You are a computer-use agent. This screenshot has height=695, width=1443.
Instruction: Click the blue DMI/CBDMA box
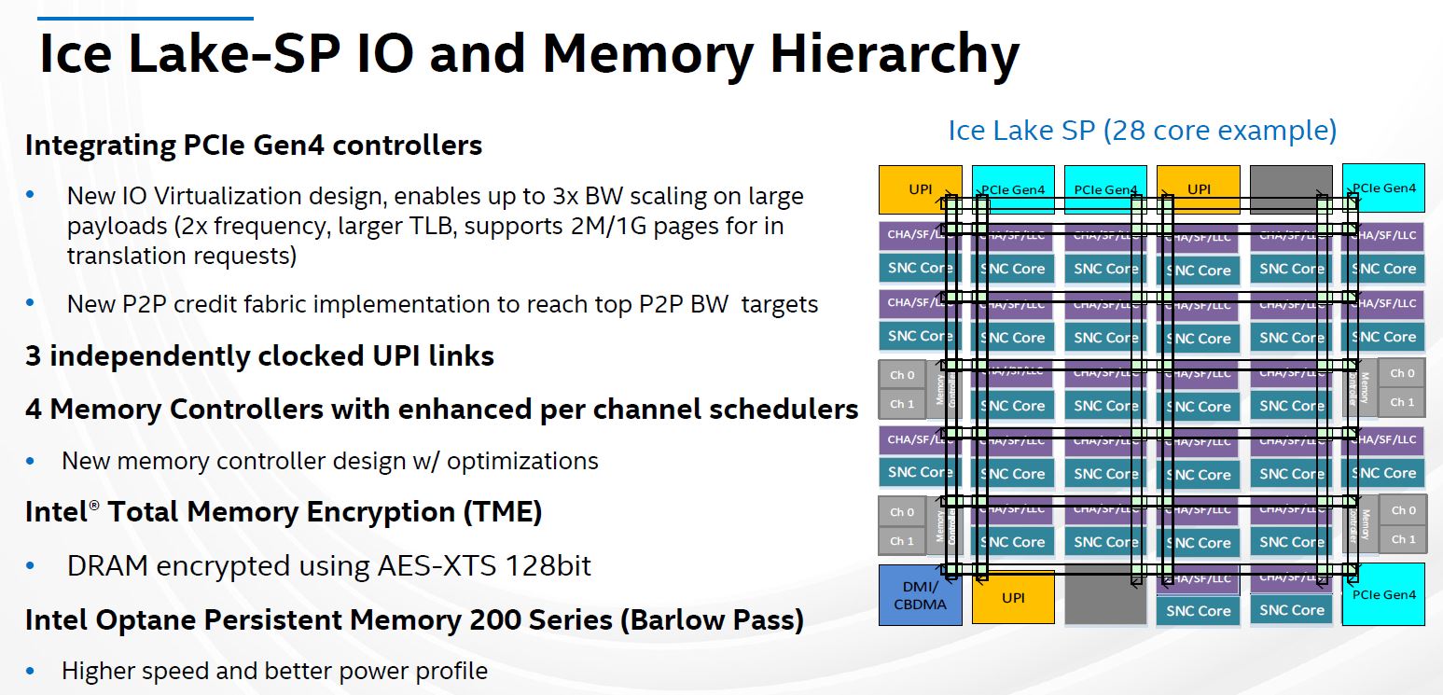920,594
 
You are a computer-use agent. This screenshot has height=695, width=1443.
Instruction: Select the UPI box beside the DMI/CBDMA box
1013,597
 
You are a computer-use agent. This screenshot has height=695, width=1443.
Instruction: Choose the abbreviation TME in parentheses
504,512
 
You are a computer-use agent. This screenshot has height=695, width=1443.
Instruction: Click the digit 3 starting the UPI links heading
33,356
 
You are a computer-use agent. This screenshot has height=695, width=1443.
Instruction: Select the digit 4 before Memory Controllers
33,409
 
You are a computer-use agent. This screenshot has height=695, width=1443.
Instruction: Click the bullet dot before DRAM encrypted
31,565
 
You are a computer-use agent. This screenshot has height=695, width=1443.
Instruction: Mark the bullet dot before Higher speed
31,670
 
